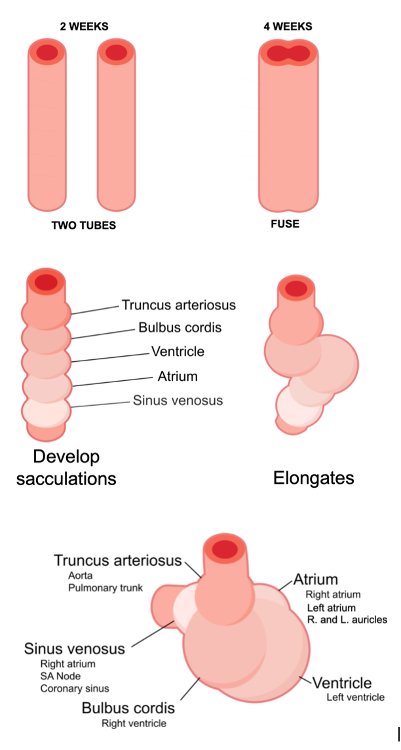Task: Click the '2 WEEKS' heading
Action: click(82, 26)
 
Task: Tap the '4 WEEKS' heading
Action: click(286, 26)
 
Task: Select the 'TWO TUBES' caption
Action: click(84, 226)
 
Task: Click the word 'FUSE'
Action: click(285, 224)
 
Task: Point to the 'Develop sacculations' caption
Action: click(66, 467)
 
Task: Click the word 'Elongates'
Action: click(314, 478)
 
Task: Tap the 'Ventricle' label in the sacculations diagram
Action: click(178, 351)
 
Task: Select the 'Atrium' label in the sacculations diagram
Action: click(178, 376)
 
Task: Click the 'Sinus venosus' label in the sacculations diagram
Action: click(178, 400)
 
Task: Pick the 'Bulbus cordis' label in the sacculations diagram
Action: click(180, 328)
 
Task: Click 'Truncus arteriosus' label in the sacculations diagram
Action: click(178, 305)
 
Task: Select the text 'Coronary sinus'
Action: click(75, 688)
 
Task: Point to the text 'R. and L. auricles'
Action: click(347, 620)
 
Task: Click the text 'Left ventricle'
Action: click(355, 697)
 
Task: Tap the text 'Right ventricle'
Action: click(134, 723)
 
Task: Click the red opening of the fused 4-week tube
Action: click(289, 52)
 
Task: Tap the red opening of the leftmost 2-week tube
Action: click(47, 52)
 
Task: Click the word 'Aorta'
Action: click(81, 575)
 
